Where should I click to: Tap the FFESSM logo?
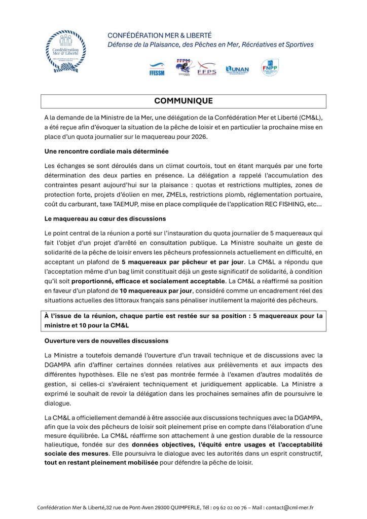[156, 69]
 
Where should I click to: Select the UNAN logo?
[237, 69]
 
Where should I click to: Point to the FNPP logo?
[269, 67]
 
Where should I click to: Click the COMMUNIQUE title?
[183, 101]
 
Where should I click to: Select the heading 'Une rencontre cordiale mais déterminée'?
[106, 151]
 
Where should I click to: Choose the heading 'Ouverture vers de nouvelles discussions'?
[106, 340]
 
